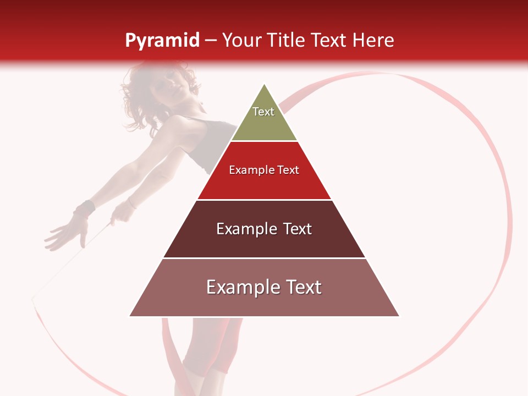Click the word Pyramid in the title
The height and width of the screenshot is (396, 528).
click(162, 41)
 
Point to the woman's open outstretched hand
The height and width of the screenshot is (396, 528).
click(66, 231)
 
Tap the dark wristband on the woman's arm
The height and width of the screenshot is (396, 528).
click(84, 209)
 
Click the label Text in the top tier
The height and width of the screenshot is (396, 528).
click(263, 112)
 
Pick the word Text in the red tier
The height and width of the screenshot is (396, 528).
click(288, 170)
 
